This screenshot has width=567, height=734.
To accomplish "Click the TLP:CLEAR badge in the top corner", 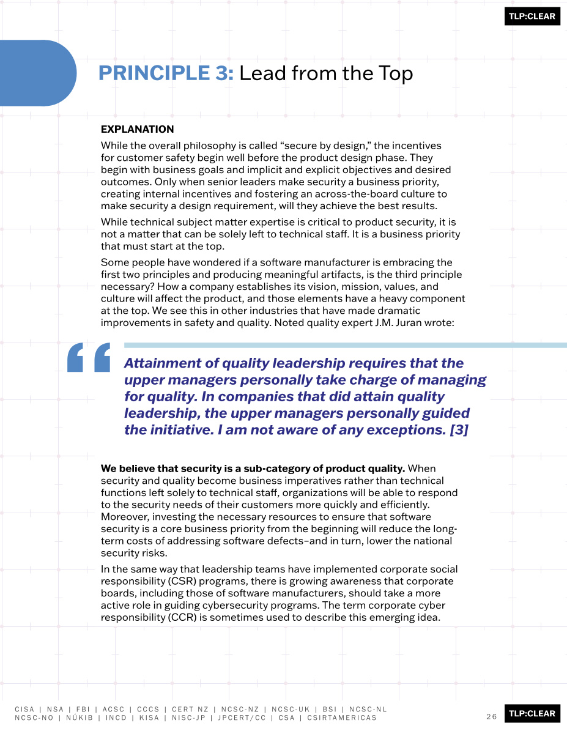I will tap(532, 16).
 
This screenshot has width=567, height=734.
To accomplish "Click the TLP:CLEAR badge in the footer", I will tap(532, 713).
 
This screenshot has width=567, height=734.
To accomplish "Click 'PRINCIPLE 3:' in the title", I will tap(166, 73).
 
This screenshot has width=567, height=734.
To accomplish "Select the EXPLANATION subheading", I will tap(137, 129).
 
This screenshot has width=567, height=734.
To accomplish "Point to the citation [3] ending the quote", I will tap(459, 430).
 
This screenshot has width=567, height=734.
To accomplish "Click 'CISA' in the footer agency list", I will tap(24, 710).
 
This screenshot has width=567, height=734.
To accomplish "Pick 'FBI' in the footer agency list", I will tap(83, 710).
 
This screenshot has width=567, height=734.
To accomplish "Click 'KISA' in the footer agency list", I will tap(149, 717).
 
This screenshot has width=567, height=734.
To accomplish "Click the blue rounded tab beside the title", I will tap(37, 73).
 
